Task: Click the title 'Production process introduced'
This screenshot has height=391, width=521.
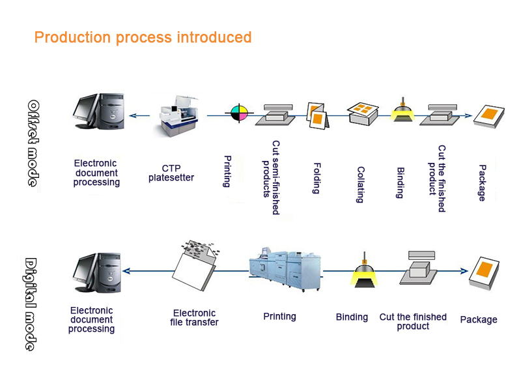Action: click(x=143, y=37)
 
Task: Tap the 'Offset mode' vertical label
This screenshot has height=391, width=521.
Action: click(x=33, y=143)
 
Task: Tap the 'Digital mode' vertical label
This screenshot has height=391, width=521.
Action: click(x=31, y=304)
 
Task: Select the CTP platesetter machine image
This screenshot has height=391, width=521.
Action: click(x=178, y=115)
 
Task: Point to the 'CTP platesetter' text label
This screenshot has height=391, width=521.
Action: click(x=171, y=173)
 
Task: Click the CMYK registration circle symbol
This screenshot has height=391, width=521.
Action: click(x=239, y=113)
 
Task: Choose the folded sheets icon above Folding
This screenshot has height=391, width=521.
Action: click(x=317, y=115)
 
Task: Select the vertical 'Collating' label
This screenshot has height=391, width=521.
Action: click(x=360, y=184)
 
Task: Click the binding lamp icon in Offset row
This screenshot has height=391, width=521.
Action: click(x=404, y=110)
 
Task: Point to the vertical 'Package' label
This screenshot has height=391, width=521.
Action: click(x=482, y=182)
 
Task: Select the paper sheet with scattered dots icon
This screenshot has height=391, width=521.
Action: click(x=199, y=263)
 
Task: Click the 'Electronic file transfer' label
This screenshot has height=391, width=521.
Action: click(x=195, y=318)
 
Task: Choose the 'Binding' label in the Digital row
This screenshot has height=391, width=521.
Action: click(x=352, y=317)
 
